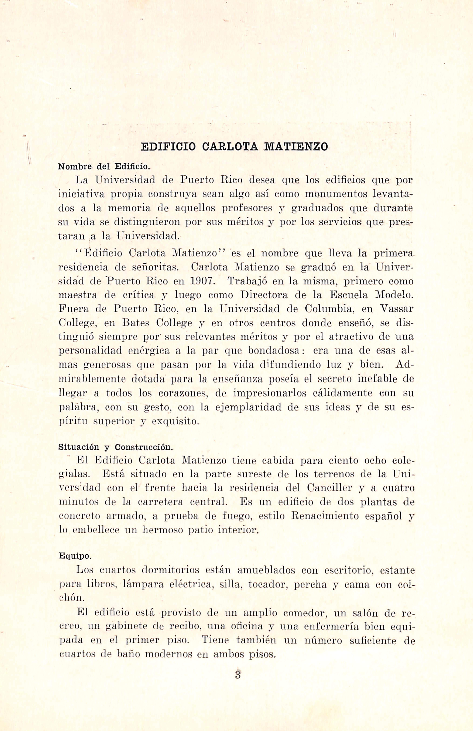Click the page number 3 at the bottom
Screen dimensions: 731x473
[x=237, y=675]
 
